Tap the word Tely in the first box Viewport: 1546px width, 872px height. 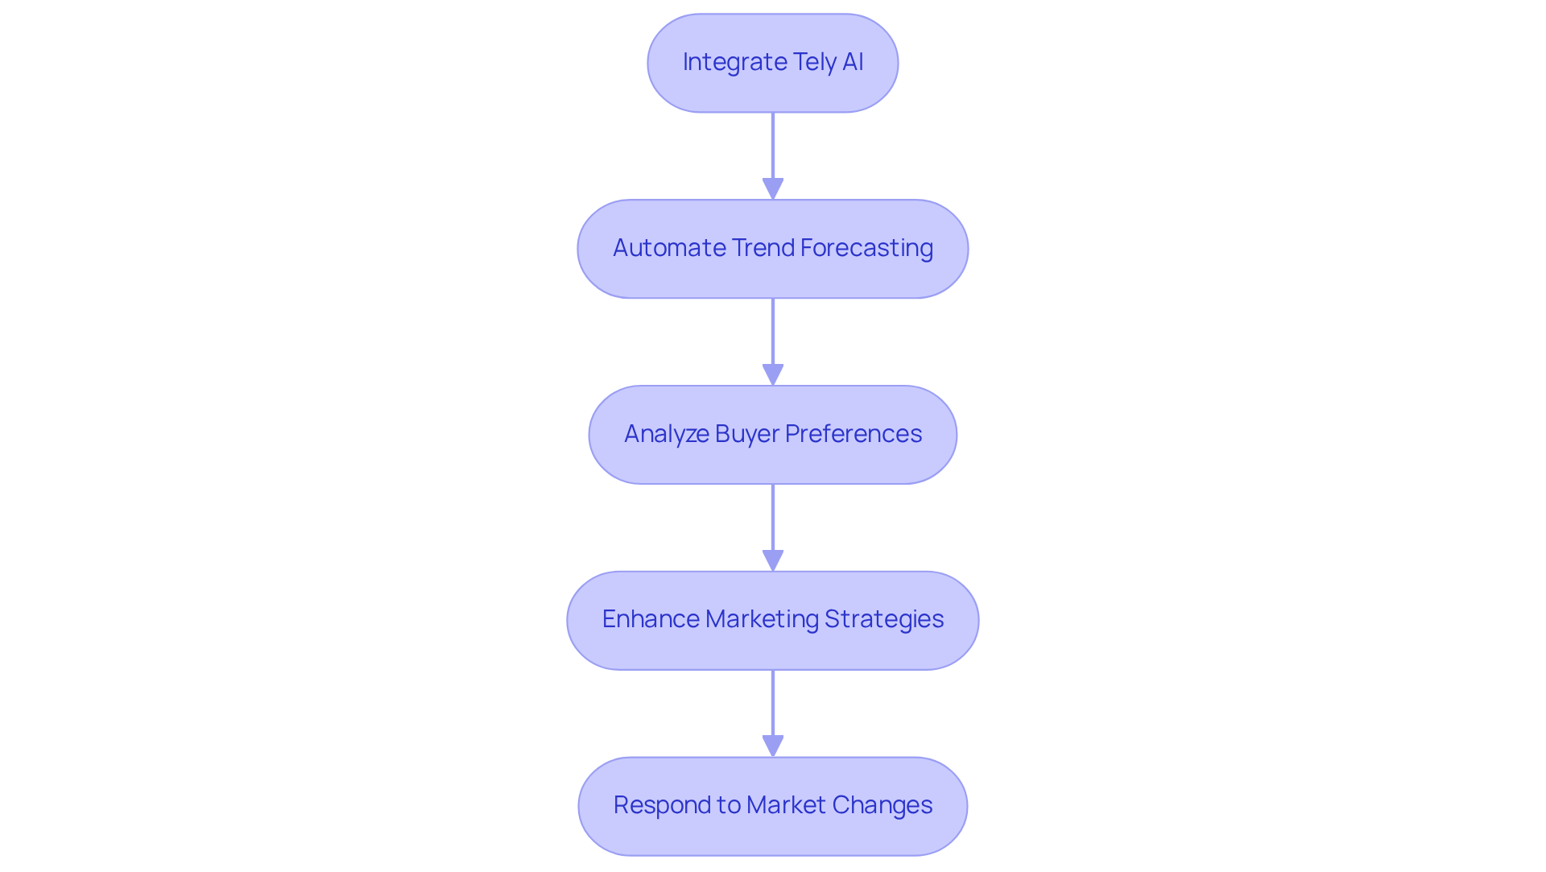[814, 62]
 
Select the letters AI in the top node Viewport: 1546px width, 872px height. [853, 62]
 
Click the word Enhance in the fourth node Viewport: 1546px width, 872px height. [650, 619]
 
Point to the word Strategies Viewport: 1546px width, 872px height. [883, 619]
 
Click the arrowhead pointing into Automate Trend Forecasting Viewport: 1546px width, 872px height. [773, 189]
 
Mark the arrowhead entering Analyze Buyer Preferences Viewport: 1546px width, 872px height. [773, 375]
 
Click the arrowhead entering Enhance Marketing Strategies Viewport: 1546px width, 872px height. [773, 561]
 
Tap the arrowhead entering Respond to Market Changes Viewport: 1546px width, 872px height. [773, 746]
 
